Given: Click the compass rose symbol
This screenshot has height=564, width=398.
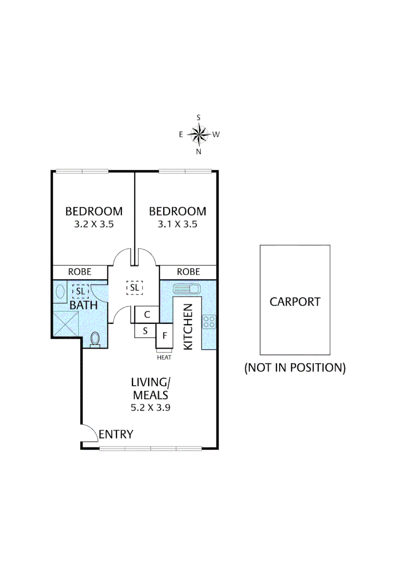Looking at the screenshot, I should (x=199, y=135).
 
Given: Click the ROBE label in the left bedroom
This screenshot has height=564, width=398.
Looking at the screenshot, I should (x=80, y=272).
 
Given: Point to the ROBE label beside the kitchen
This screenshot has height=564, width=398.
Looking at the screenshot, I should (x=188, y=272).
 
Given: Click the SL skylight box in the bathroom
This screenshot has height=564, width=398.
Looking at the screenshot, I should (x=80, y=290).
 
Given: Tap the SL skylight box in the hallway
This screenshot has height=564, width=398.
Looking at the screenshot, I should (x=135, y=287).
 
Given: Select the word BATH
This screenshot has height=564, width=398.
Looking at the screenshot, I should (x=84, y=304).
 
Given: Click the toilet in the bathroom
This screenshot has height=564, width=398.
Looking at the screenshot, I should (x=95, y=339).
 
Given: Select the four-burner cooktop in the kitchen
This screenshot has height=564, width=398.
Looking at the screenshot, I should (x=209, y=322).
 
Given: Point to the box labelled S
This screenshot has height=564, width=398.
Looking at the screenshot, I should (x=145, y=331).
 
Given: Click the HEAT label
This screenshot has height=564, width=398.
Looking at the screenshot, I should (x=164, y=358).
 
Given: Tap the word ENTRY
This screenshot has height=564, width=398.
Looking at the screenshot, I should (x=116, y=434).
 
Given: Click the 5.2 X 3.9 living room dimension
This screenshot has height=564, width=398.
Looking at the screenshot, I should (x=150, y=408).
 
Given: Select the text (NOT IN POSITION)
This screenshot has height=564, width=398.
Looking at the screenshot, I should (x=295, y=368).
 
